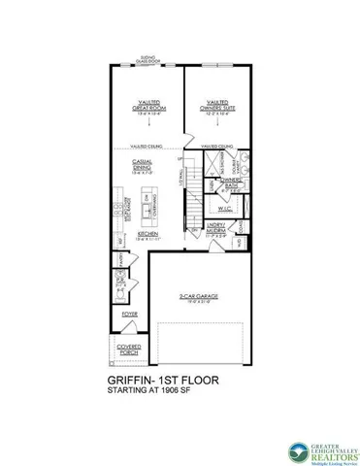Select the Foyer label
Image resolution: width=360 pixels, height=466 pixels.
(x=129, y=314)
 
